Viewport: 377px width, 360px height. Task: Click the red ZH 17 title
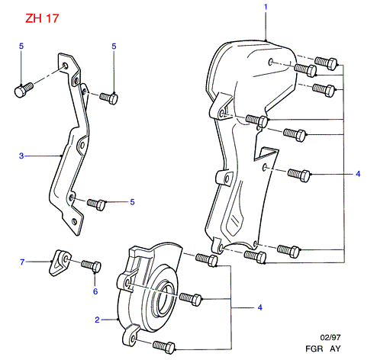pos(42,18)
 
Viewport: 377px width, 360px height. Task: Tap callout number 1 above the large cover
pos(266,7)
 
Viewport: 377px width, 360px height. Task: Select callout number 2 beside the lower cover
pos(97,320)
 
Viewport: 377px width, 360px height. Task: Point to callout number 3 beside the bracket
pos(21,156)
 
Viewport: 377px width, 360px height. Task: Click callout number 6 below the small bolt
pos(95,291)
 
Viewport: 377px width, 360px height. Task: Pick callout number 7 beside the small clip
pos(22,262)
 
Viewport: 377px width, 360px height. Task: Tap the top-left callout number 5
pos(21,47)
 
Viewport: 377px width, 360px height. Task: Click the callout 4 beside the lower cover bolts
pos(259,307)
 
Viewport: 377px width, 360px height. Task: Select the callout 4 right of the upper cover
pos(358,174)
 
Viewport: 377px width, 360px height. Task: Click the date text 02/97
pos(330,337)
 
